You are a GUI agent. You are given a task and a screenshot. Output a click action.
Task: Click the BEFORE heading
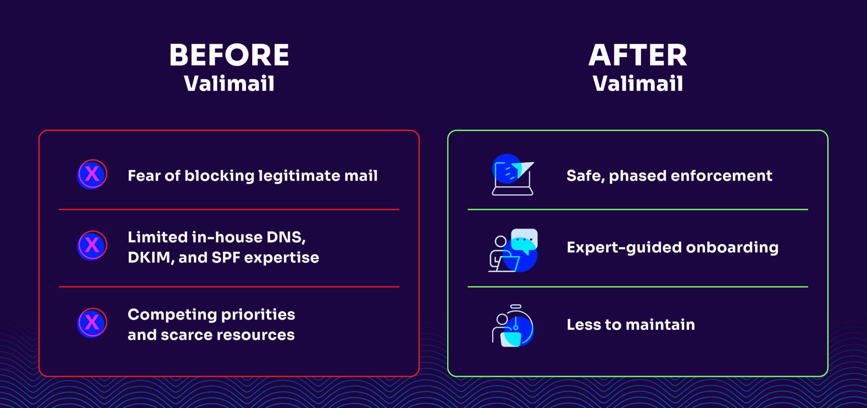coord(229,55)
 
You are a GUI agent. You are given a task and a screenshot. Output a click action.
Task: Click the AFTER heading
coord(638,55)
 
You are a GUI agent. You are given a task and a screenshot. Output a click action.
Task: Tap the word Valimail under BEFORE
coord(229,83)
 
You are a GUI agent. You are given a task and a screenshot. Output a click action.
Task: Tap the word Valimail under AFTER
coord(638,83)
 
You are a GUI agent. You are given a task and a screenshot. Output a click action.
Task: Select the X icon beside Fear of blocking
coord(92,174)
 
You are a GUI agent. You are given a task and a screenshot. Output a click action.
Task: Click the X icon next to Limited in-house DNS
coord(92,245)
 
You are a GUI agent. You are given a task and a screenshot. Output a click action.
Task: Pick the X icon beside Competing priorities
coord(92,323)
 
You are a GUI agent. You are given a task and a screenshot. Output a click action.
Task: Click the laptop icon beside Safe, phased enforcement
coord(512,174)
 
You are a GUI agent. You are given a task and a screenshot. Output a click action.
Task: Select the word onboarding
coord(732,248)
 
